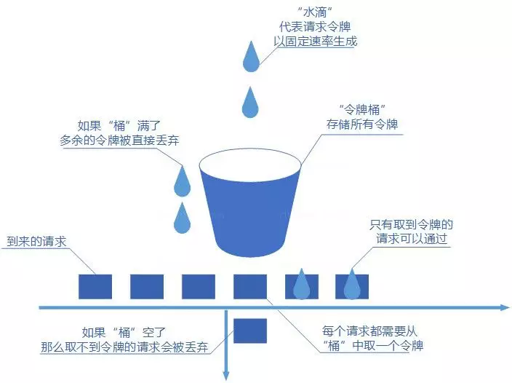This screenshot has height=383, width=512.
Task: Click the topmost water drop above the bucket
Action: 250,58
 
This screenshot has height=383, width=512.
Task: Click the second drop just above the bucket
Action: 250,103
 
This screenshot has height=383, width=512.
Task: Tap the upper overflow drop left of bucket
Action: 182,181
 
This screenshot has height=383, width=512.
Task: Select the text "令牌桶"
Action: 361,109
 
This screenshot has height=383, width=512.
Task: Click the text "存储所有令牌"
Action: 361,125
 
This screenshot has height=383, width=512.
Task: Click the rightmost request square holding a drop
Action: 352,286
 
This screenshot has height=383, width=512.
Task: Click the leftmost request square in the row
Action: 95,286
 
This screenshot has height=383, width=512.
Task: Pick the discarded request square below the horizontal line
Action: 250,331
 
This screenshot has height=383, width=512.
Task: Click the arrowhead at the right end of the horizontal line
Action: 505,309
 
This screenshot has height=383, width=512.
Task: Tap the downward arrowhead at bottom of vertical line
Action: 228,376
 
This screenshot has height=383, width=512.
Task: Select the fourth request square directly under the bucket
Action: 250,286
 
